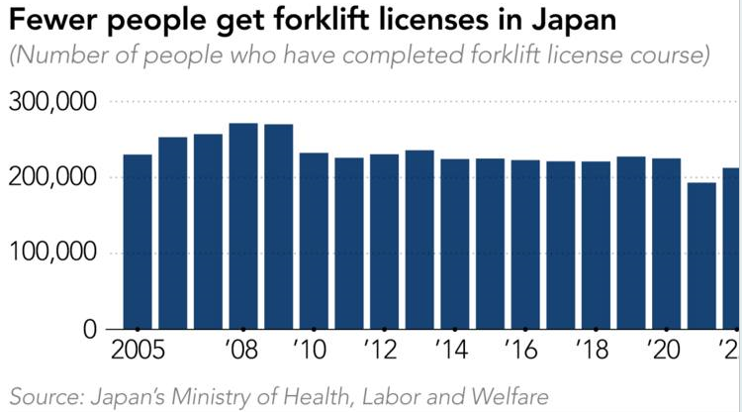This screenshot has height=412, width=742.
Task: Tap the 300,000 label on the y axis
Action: (52, 102)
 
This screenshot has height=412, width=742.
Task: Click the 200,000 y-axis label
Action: (52, 178)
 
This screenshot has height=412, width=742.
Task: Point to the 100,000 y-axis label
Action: (52, 254)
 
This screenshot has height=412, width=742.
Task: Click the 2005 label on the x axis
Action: (138, 351)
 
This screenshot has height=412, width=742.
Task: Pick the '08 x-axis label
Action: (243, 351)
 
